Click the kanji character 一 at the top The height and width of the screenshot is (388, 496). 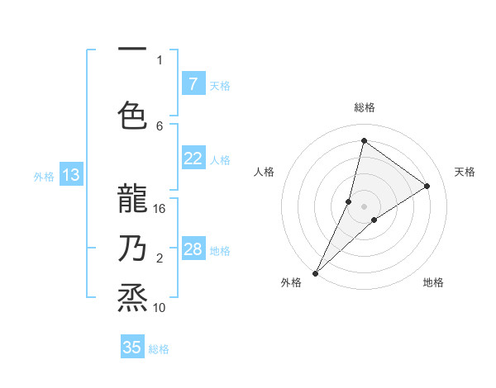point(132,51)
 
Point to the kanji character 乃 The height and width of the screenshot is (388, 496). point(132,247)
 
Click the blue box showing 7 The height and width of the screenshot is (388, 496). point(193,84)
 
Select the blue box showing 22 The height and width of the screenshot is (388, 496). point(193,159)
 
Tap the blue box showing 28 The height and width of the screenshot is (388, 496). point(193,250)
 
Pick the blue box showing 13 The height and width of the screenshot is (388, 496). point(70,175)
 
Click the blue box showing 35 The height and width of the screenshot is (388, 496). point(132,348)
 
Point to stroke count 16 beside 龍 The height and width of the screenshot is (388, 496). point(160,209)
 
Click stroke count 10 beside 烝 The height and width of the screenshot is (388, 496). point(160,308)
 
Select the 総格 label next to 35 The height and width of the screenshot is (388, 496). point(159,349)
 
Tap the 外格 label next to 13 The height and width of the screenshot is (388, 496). point(44,176)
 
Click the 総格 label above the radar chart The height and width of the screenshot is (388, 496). point(365,108)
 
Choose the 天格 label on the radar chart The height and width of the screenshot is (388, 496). point(465,172)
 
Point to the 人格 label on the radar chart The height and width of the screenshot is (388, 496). point(264,172)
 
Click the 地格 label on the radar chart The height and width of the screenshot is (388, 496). point(433,282)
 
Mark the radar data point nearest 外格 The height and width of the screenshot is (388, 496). point(315,272)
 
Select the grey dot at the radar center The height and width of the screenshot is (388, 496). point(364,206)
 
